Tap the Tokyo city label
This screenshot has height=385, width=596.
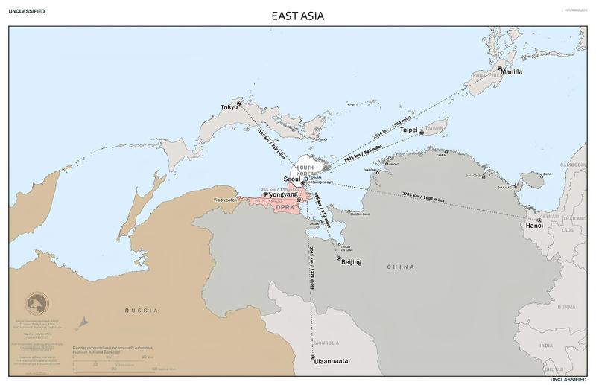pyautogui.click(x=228, y=107)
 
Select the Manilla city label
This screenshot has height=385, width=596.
pyautogui.click(x=511, y=71)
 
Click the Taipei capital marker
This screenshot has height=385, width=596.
pyautogui.click(x=422, y=133)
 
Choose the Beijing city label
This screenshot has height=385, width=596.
pyautogui.click(x=351, y=263)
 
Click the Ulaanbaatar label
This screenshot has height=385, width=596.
pyautogui.click(x=332, y=361)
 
